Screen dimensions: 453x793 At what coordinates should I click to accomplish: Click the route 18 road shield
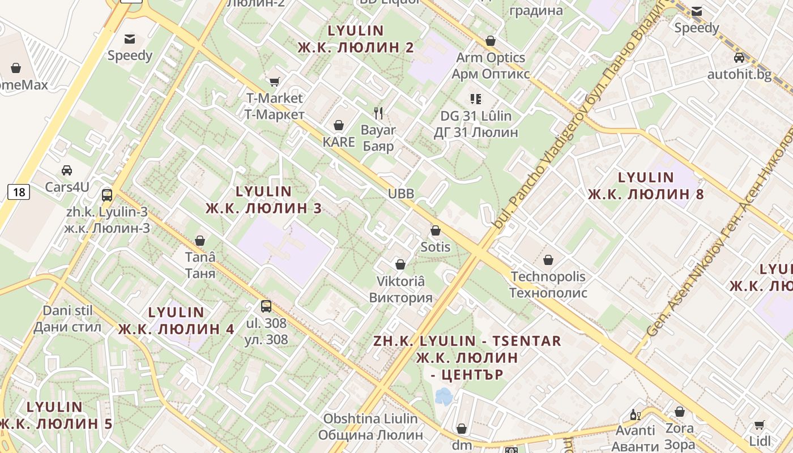pyautogui.click(x=19, y=192)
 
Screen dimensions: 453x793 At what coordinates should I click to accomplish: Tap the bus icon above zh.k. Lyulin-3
pyautogui.click(x=107, y=195)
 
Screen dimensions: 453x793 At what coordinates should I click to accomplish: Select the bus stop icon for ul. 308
pyautogui.click(x=266, y=306)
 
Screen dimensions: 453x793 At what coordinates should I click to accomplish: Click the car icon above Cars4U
pyautogui.click(x=67, y=170)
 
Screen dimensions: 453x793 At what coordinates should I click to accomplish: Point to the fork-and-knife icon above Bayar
pyautogui.click(x=378, y=113)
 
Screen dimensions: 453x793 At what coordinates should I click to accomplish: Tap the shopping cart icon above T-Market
pyautogui.click(x=274, y=82)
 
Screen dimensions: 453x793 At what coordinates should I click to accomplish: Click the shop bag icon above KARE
pyautogui.click(x=339, y=125)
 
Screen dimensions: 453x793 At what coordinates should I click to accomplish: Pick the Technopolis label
pyautogui.click(x=548, y=285)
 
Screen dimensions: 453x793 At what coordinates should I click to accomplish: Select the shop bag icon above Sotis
pyautogui.click(x=435, y=230)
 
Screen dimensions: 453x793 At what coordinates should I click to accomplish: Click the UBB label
pyautogui.click(x=401, y=194)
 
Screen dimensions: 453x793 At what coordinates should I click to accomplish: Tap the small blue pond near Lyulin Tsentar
pyautogui.click(x=444, y=396)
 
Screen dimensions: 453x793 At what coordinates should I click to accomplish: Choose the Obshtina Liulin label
pyautogui.click(x=370, y=427)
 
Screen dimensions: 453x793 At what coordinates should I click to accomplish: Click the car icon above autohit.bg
pyautogui.click(x=739, y=58)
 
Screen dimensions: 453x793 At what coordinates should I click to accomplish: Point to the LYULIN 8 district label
pyautogui.click(x=646, y=186)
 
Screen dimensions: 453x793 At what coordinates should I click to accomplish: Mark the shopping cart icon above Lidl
pyautogui.click(x=760, y=425)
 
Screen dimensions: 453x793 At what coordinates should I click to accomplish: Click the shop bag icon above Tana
pyautogui.click(x=200, y=241)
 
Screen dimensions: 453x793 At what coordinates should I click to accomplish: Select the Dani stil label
pyautogui.click(x=67, y=319)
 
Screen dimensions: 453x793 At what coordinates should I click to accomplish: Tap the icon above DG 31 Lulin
pyautogui.click(x=476, y=99)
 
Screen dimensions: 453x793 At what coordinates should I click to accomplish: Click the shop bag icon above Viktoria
pyautogui.click(x=400, y=264)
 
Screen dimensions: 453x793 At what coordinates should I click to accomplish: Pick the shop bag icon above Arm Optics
pyautogui.click(x=491, y=41)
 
